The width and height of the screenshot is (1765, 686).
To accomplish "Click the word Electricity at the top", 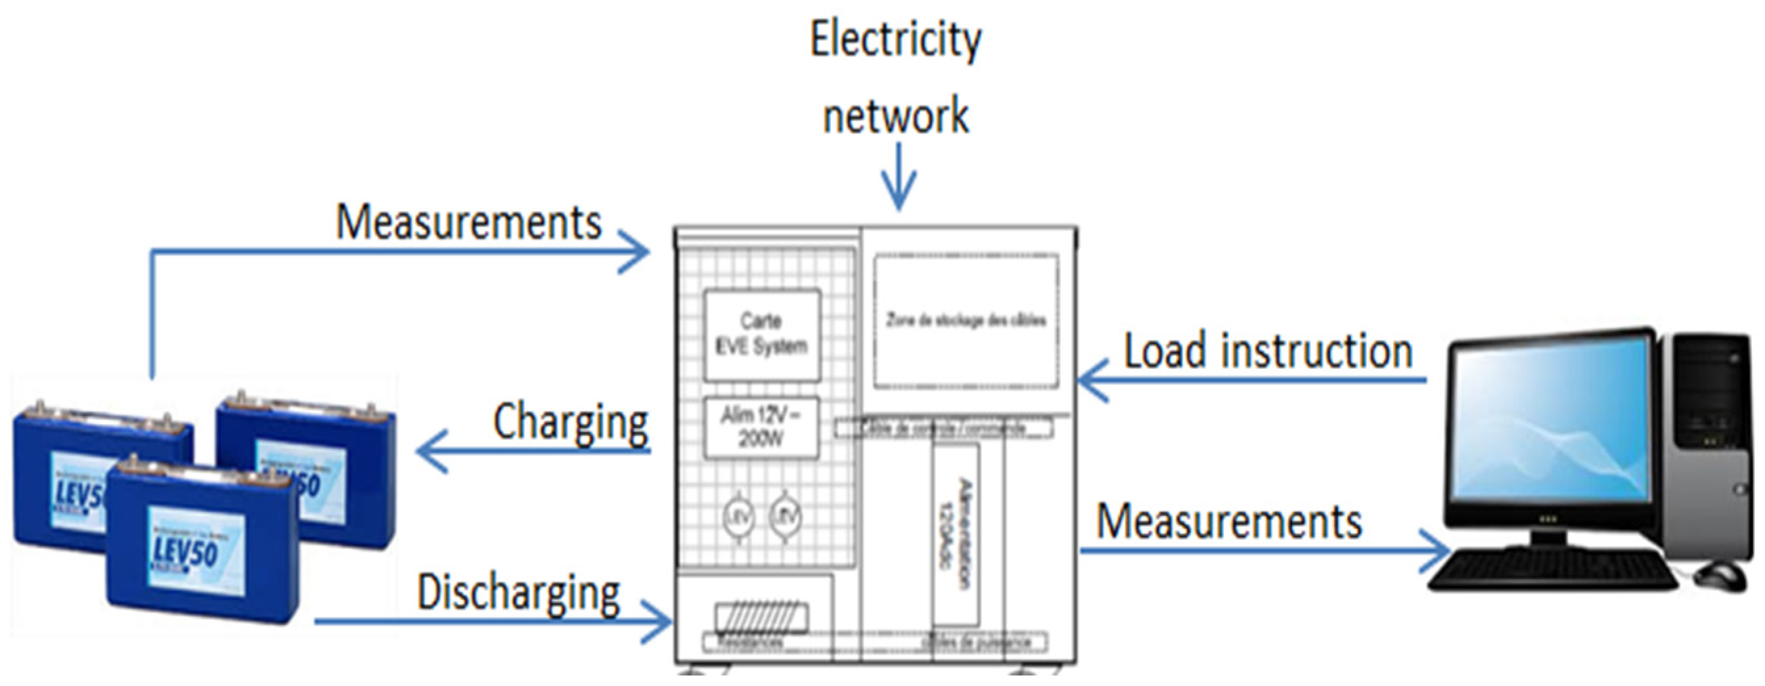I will [x=895, y=39].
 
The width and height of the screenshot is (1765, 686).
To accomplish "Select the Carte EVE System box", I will [x=762, y=335].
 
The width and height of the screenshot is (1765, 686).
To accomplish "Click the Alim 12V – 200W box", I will [x=761, y=428].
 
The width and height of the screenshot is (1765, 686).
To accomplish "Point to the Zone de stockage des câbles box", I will [x=966, y=320].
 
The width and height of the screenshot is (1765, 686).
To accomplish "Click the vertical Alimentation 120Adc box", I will [x=955, y=534].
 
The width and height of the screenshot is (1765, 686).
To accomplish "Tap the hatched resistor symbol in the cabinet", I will [x=761, y=617].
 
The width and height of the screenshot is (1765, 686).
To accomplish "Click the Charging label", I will [x=570, y=421].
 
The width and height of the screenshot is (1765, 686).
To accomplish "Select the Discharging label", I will [x=519, y=593].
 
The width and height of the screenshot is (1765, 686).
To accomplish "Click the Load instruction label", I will [x=1268, y=352].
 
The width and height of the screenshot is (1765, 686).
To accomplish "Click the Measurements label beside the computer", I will [x=1229, y=522].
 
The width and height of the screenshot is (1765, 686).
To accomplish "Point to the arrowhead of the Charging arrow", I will [x=425, y=452].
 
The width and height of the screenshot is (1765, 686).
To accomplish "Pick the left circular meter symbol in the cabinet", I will [x=738, y=517].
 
